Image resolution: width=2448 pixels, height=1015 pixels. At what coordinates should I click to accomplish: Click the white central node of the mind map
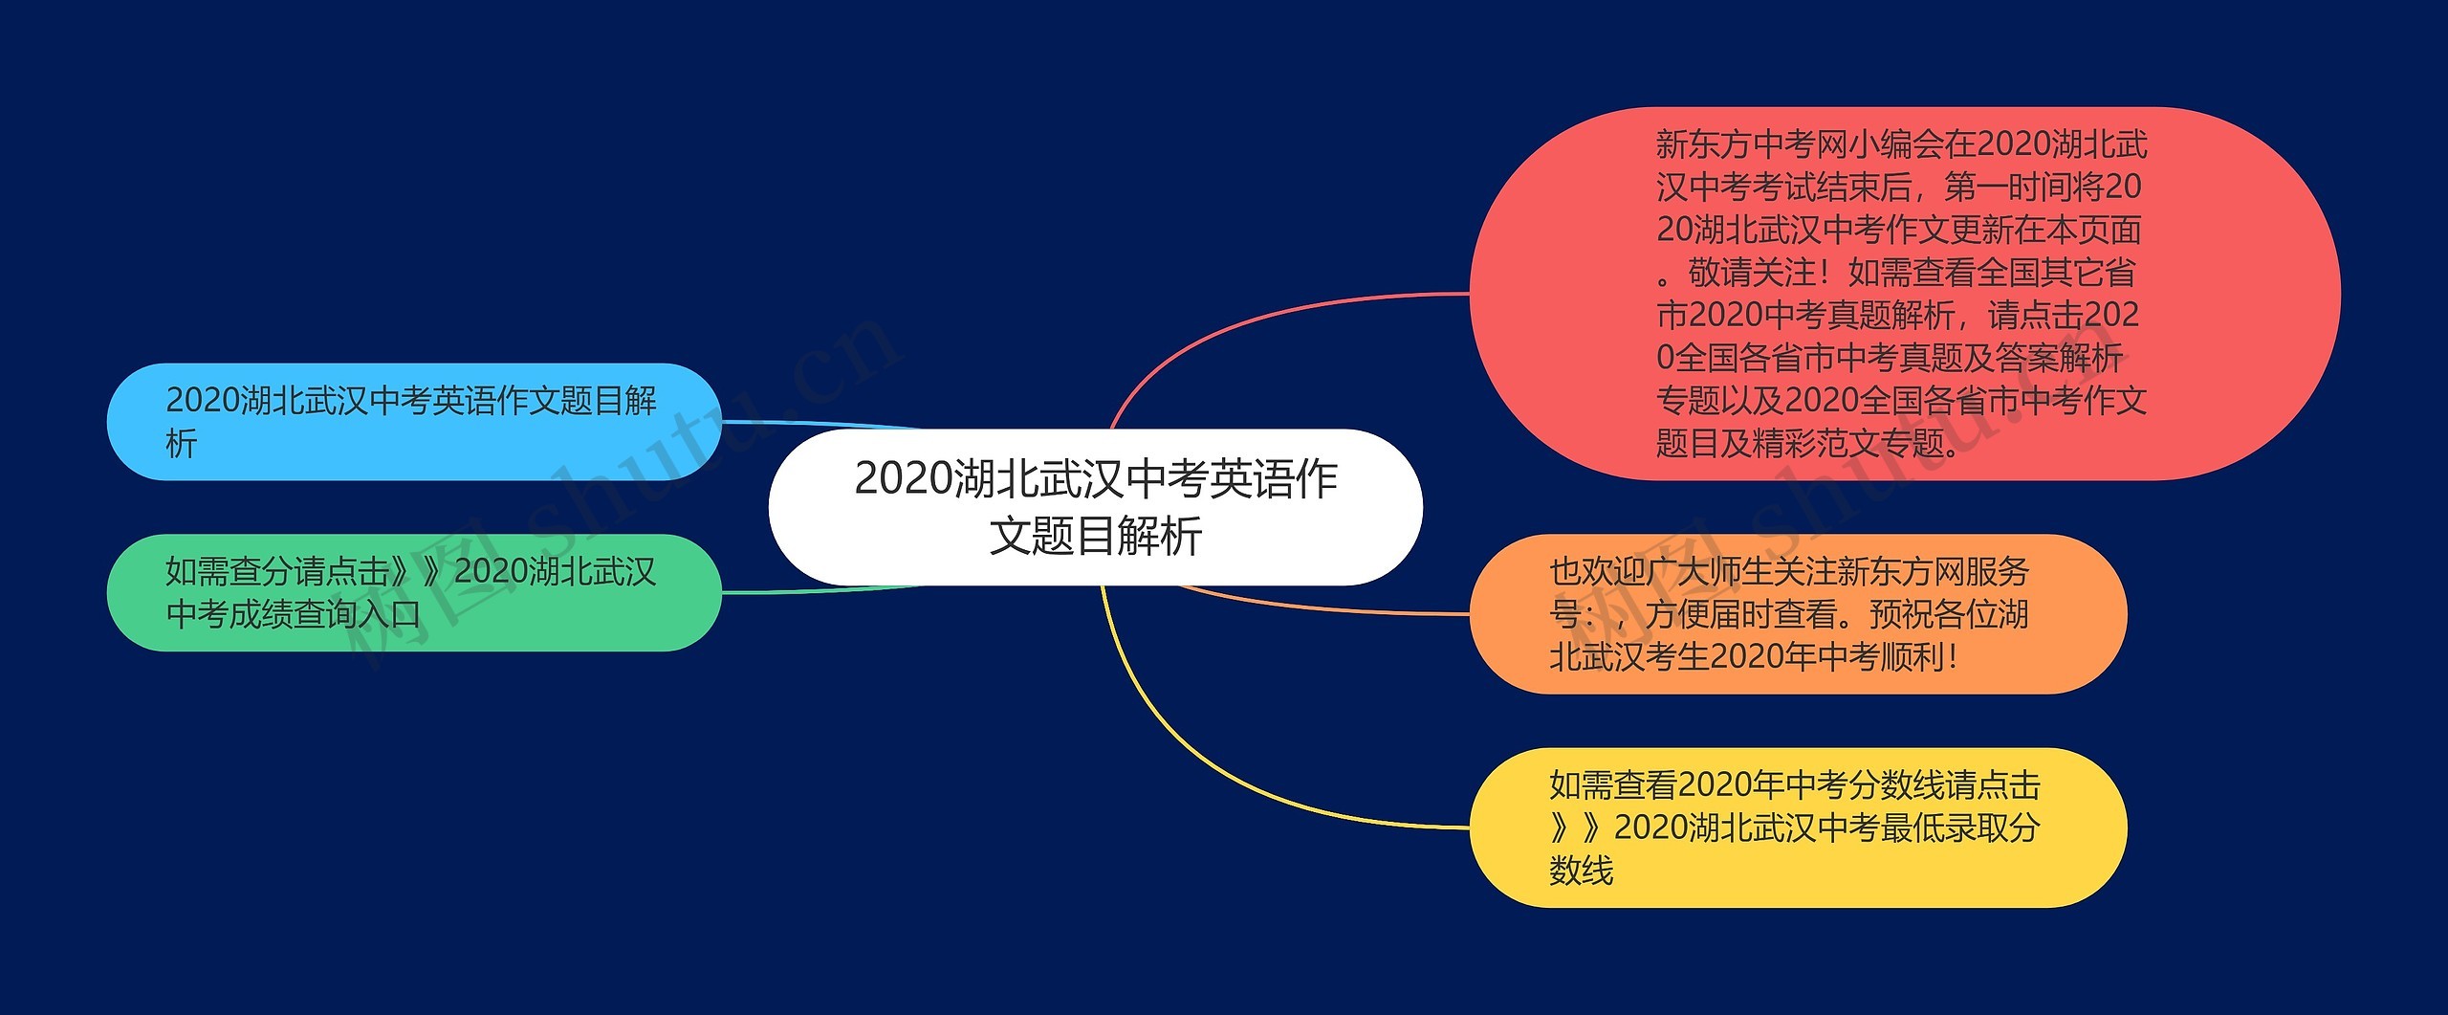coord(1095,506)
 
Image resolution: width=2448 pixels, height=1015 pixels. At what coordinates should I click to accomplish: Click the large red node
coord(1903,293)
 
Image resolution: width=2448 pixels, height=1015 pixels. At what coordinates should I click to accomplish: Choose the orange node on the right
coord(1798,613)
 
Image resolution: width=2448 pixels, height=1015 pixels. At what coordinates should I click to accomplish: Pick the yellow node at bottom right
coord(1798,827)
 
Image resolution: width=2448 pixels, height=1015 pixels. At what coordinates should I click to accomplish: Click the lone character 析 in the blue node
coord(182,443)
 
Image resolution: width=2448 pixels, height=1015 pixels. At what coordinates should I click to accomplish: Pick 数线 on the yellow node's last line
coord(1581,871)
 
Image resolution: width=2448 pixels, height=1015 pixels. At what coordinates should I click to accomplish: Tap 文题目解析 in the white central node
coord(1095,536)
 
